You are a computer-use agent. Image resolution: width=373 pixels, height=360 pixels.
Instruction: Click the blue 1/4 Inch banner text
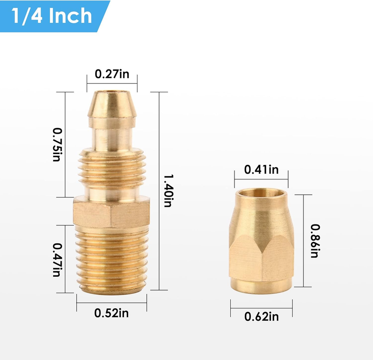(x=52, y=16)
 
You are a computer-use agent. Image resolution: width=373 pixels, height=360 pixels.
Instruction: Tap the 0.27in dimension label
(x=112, y=74)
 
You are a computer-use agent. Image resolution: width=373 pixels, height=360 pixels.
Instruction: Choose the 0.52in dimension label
(x=111, y=313)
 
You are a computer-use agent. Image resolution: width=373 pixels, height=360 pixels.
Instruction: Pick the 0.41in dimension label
(x=261, y=170)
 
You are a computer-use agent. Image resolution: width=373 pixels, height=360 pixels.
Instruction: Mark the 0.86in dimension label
(x=316, y=241)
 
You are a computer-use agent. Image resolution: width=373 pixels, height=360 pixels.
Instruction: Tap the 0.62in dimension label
(x=261, y=317)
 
